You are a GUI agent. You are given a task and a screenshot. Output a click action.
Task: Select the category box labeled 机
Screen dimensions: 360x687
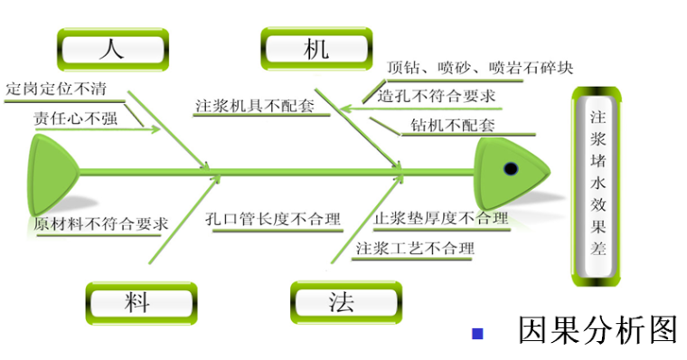click(x=316, y=49)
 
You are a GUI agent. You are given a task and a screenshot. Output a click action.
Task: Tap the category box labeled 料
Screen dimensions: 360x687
click(x=140, y=302)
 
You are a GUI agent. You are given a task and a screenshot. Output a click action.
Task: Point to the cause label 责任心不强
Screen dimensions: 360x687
click(x=76, y=118)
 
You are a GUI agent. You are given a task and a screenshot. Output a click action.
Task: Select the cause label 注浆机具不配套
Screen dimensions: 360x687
click(x=254, y=106)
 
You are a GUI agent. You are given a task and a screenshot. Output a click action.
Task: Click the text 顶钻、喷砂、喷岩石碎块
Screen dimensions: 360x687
click(x=479, y=68)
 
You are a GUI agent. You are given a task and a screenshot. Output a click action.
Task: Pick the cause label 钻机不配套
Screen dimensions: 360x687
click(x=452, y=125)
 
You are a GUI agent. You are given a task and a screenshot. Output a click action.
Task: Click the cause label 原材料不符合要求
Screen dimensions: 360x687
click(x=100, y=223)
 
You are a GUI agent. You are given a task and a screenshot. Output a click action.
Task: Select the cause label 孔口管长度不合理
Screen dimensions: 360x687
click(x=271, y=219)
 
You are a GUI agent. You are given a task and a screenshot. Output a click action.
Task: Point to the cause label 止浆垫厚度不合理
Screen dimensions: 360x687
click(x=441, y=218)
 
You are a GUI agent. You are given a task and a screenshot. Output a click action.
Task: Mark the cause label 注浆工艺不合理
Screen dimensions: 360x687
click(x=414, y=248)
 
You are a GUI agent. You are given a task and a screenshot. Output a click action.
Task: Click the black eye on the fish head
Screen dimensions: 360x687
click(x=510, y=168)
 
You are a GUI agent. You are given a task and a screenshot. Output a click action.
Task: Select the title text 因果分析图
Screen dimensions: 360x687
click(x=597, y=330)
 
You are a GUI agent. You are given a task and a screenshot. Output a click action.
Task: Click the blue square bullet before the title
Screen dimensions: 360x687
click(x=477, y=334)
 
